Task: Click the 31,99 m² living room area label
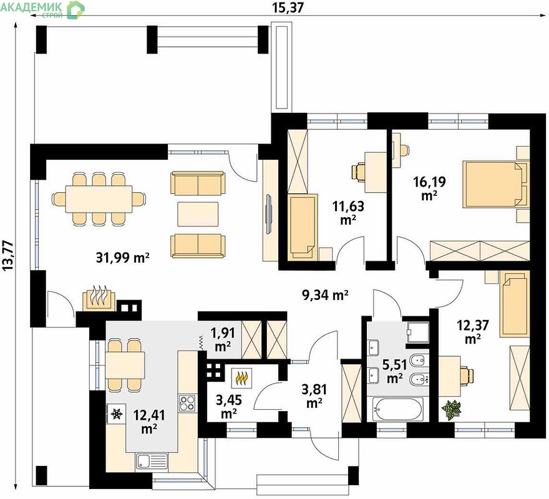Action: [x=122, y=258]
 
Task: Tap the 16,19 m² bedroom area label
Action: [x=429, y=188]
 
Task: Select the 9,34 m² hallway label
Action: [x=325, y=295]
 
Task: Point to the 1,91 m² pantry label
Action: [x=223, y=339]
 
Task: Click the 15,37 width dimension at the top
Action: [x=288, y=7]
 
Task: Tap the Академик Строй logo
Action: [x=42, y=9]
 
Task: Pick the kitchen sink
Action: [x=152, y=461]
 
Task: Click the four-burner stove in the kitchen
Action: [x=187, y=403]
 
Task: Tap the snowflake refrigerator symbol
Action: [x=115, y=414]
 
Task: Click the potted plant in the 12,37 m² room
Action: [x=451, y=409]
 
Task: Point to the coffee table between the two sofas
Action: [x=198, y=214]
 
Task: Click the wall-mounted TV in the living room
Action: [x=268, y=213]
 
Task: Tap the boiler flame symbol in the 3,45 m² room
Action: [x=243, y=378]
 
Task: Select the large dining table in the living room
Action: [x=99, y=198]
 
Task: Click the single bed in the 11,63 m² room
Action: [x=303, y=228]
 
